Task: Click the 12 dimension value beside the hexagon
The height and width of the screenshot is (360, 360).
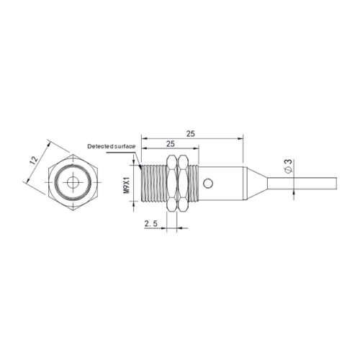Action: pyautogui.click(x=34, y=160)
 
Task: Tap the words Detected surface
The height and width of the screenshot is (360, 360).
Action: pyautogui.click(x=112, y=146)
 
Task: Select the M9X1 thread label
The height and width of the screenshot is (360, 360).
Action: pyautogui.click(x=127, y=185)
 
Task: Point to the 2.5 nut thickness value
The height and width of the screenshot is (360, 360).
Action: pyautogui.click(x=150, y=223)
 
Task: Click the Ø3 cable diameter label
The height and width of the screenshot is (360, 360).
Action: pyautogui.click(x=288, y=166)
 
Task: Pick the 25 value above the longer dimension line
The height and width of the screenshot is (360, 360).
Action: pyautogui.click(x=191, y=134)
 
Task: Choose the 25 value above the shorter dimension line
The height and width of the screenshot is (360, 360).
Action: pyautogui.click(x=171, y=144)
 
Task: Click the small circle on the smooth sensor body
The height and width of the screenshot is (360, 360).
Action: pyautogui.click(x=208, y=184)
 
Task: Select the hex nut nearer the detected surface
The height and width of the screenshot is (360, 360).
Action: pyautogui.click(x=171, y=184)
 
